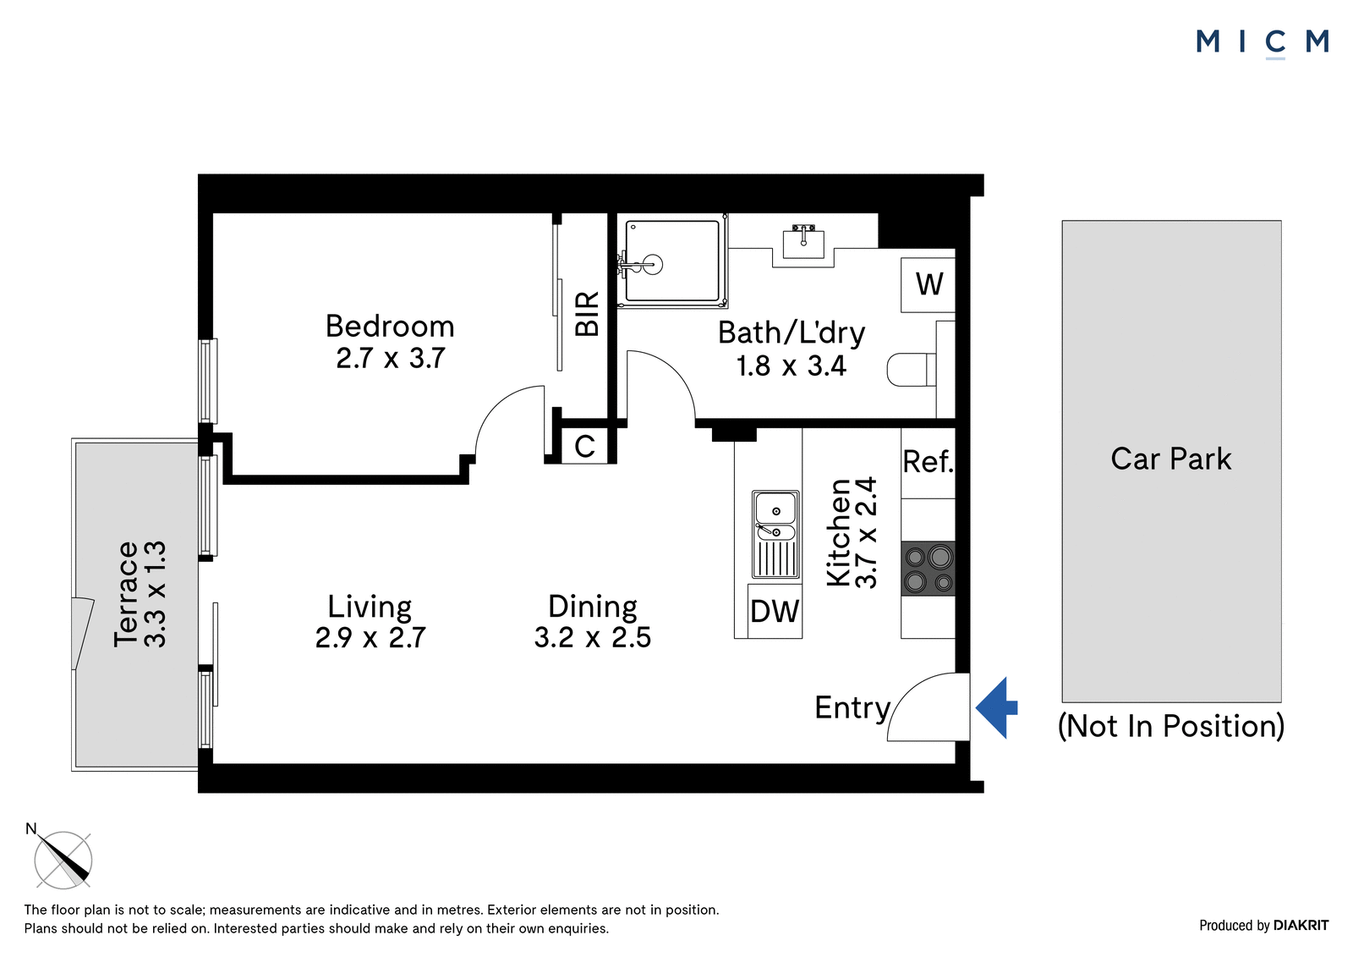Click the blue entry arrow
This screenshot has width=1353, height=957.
click(x=995, y=708)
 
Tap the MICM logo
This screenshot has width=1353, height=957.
click(x=1262, y=43)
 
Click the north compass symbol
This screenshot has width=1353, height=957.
click(x=63, y=859)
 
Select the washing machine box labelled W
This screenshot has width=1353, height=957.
click(x=928, y=285)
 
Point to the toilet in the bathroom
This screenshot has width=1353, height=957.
click(x=912, y=370)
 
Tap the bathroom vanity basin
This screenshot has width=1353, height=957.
click(x=803, y=242)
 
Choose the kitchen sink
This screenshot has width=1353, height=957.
click(x=775, y=534)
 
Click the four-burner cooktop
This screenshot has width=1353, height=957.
click(x=928, y=569)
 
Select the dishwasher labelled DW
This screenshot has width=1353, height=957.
click(x=775, y=611)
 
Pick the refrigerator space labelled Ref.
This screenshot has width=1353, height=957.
click(x=928, y=463)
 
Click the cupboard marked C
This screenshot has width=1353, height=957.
click(x=584, y=447)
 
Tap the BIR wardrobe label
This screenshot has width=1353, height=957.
click(x=587, y=314)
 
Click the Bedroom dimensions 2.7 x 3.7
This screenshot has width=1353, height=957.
click(x=390, y=358)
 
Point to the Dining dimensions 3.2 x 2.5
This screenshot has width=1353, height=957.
click(x=593, y=637)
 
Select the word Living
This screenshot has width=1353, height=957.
click(x=370, y=607)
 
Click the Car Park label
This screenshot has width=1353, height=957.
click(x=1170, y=459)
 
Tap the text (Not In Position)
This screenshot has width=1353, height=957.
click(x=1171, y=725)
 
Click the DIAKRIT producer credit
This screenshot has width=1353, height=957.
click(x=1301, y=925)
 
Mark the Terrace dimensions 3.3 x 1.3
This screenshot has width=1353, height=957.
click(x=155, y=594)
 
